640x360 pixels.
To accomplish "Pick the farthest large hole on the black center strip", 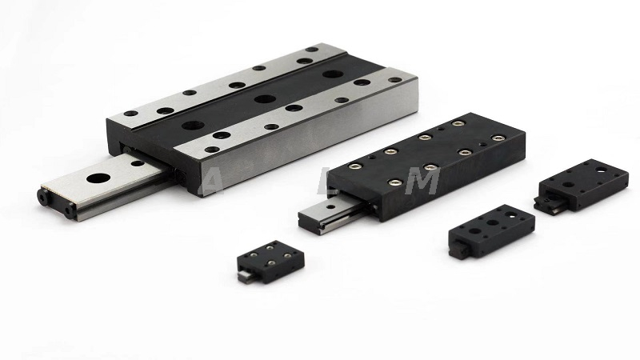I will click(329, 75).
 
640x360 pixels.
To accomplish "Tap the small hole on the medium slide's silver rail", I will click(317, 210).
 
